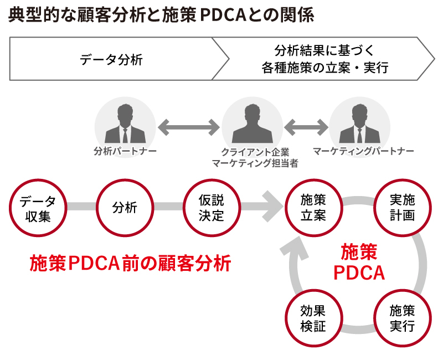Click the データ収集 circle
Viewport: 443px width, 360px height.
pos(38,207)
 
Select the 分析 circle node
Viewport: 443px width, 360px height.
pos(125,207)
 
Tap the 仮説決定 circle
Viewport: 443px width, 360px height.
pos(212,207)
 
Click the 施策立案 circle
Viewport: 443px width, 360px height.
pos(313,207)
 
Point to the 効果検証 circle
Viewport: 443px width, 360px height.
pos(313,318)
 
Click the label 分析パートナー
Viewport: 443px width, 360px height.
pos(125,151)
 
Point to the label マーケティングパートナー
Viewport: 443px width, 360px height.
pos(363,151)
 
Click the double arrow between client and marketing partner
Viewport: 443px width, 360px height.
pos(306,128)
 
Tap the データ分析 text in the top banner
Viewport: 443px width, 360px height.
pos(111,60)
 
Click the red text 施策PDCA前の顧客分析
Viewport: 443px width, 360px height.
pos(130,263)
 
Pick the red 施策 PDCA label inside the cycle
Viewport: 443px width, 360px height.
pos(359,262)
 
